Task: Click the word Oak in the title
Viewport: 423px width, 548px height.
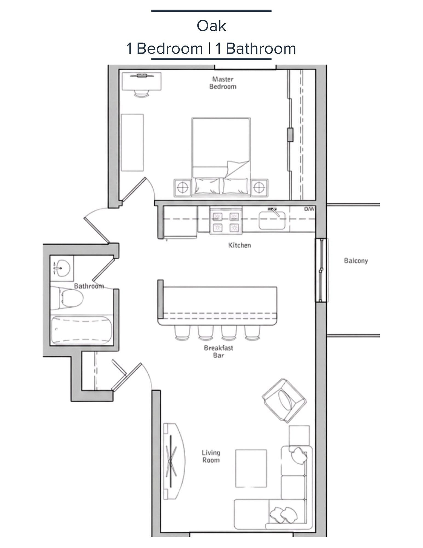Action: pyautogui.click(x=211, y=26)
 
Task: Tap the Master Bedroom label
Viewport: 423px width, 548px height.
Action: pyautogui.click(x=223, y=83)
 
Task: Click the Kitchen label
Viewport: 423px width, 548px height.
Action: pyautogui.click(x=240, y=245)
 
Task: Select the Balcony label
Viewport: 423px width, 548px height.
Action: pyautogui.click(x=356, y=261)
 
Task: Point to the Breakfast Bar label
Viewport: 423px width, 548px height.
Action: pyautogui.click(x=218, y=351)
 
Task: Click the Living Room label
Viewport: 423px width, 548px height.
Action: pyautogui.click(x=211, y=456)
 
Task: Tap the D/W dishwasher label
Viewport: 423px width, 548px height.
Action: pyautogui.click(x=309, y=209)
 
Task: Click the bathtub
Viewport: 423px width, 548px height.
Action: pyautogui.click(x=82, y=330)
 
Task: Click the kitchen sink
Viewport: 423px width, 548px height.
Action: pyautogui.click(x=272, y=220)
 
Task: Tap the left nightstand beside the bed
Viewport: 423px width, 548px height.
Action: pyautogui.click(x=182, y=188)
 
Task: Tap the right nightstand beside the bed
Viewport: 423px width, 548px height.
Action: pyautogui.click(x=260, y=188)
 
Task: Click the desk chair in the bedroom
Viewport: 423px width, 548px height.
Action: pyautogui.click(x=142, y=94)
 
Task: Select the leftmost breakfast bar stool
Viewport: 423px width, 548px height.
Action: pyautogui.click(x=182, y=333)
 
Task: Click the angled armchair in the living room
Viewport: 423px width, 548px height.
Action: pyautogui.click(x=284, y=401)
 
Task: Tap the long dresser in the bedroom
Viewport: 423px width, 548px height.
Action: pyautogui.click(x=132, y=143)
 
